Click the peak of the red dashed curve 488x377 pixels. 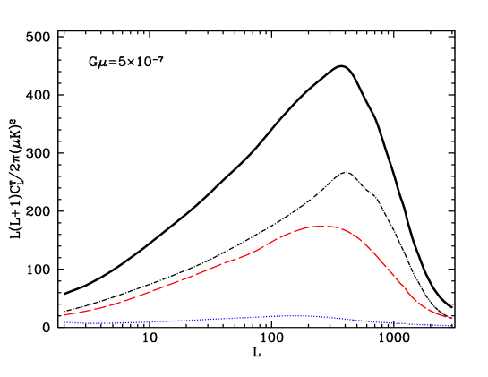(321, 226)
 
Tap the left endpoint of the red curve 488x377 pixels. (64, 314)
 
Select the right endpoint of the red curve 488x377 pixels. (451, 318)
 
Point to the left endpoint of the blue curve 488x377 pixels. (64, 322)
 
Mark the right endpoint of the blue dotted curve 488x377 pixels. (449, 326)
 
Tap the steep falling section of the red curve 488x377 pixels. (394, 273)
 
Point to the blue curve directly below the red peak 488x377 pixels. (321, 317)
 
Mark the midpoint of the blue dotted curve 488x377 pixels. (257, 317)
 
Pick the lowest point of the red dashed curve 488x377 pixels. (451, 318)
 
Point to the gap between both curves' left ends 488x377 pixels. (64, 319)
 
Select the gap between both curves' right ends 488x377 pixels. (450, 322)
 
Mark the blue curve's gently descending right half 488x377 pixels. (385, 321)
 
